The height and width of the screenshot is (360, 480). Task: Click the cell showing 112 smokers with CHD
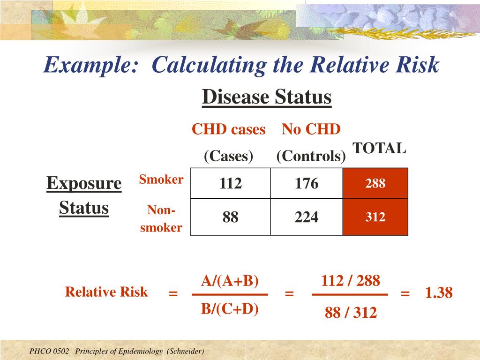[230, 183]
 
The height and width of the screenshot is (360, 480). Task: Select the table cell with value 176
[307, 183]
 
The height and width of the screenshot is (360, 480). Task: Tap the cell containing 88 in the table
[230, 217]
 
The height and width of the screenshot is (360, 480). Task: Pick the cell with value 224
[307, 217]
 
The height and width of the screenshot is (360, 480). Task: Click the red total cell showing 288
[375, 183]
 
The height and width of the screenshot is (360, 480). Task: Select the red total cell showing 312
[375, 217]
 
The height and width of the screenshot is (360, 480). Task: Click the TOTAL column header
[379, 148]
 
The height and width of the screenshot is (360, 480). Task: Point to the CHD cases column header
[228, 129]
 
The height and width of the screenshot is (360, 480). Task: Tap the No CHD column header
[311, 129]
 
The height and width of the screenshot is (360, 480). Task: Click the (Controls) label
[311, 156]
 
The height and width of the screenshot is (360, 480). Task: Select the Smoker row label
[161, 179]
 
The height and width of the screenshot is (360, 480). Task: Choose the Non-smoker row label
[161, 219]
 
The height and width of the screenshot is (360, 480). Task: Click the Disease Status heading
[267, 97]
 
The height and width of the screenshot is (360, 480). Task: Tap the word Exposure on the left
[84, 183]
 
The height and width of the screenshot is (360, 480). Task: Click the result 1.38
[439, 293]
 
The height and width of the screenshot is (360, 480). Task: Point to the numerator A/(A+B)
[230, 281]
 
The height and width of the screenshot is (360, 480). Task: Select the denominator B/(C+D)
[230, 309]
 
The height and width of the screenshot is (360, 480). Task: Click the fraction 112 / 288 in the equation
[350, 281]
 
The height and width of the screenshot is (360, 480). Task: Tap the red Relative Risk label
[106, 292]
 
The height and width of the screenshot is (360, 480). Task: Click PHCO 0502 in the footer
[49, 351]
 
